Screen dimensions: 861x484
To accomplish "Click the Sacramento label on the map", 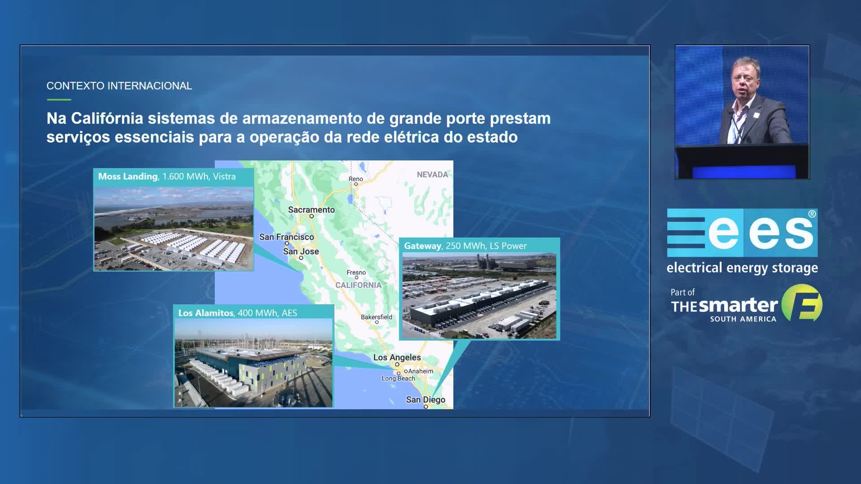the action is coord(311,210).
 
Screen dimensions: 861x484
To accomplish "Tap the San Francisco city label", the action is coord(287,237).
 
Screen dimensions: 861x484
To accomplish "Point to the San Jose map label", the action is coord(301,251).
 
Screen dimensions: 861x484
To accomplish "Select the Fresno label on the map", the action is coord(356,272).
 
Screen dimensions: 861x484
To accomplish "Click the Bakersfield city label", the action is coord(376,317).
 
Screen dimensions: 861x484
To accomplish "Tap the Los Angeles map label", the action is coord(397,358).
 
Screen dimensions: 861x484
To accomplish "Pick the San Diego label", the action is coord(426,400).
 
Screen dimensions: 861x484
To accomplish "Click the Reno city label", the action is coord(356,179).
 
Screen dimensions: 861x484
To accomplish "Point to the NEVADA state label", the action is coord(432,175).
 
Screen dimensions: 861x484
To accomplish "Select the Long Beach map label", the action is coord(398,379).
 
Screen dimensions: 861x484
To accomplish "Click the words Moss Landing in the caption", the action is coord(128,177).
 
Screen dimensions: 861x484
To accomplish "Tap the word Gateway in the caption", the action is coord(422,246).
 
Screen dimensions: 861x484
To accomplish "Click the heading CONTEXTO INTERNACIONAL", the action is coord(119,86).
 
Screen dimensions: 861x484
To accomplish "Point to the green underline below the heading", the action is coord(59,99).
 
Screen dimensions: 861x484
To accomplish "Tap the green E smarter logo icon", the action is coord(802,303).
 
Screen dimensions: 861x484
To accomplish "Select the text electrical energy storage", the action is coord(742,268).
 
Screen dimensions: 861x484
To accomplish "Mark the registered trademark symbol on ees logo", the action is coord(812,214).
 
